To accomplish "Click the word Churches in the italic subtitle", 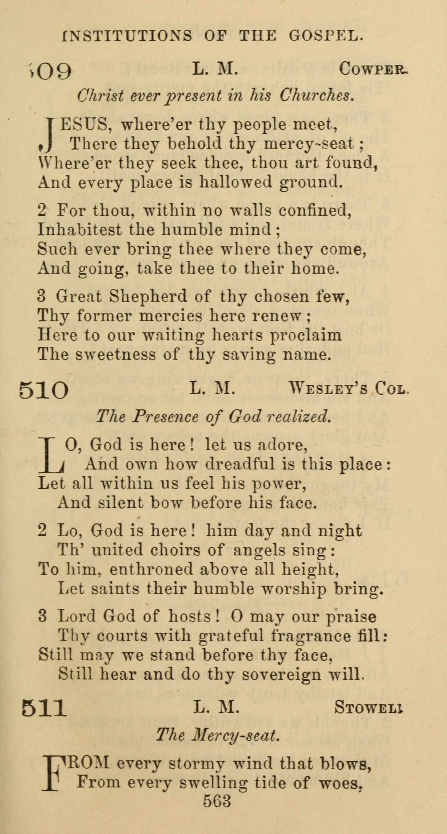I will (316, 95).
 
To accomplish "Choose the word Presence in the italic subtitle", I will (165, 416).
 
